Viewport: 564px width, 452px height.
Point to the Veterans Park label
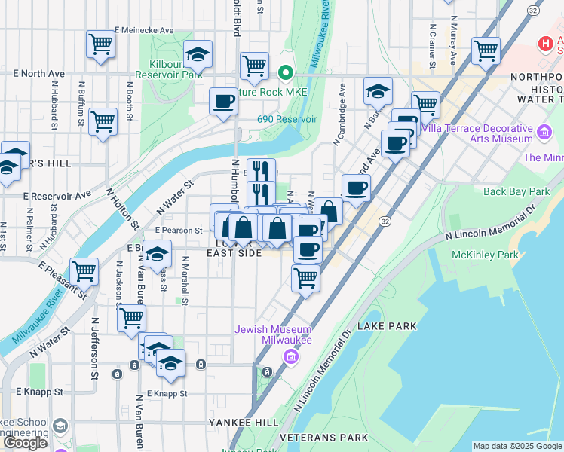pyautogui.click(x=317, y=437)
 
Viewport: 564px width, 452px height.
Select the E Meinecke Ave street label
pyautogui.click(x=144, y=30)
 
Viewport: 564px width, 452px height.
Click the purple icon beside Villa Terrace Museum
pyautogui.click(x=544, y=136)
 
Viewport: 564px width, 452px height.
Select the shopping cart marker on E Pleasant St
pyautogui.click(x=84, y=272)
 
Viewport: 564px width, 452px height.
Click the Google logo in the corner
pyautogui.click(x=25, y=443)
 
